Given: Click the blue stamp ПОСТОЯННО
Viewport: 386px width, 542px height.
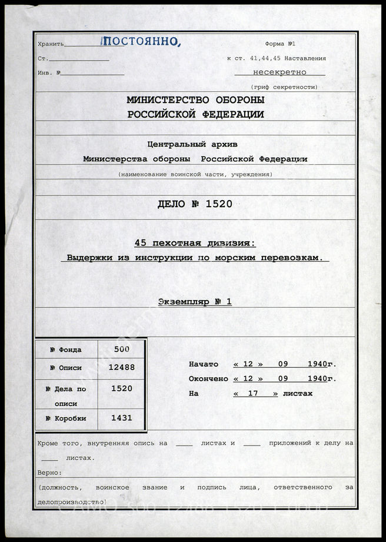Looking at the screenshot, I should pyautogui.click(x=141, y=41).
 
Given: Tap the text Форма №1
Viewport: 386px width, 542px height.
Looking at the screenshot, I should pyautogui.click(x=283, y=44).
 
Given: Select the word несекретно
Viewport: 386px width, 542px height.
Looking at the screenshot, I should pyautogui.click(x=279, y=72).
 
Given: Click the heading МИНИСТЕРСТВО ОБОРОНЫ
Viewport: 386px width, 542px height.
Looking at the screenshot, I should pyautogui.click(x=195, y=100).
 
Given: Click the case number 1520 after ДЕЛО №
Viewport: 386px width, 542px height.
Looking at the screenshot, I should pyautogui.click(x=219, y=204).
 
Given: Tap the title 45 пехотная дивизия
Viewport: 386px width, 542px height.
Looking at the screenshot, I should pyautogui.click(x=195, y=244).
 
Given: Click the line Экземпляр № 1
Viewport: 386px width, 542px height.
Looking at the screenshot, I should pyautogui.click(x=195, y=301).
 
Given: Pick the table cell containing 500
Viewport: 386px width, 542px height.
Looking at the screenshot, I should pyautogui.click(x=121, y=348).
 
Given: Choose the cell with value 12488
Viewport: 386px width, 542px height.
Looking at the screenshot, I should pyautogui.click(x=121, y=367).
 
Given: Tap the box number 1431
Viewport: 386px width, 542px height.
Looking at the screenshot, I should pyautogui.click(x=121, y=418).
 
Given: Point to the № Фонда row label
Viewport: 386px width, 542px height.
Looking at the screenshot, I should pyautogui.click(x=66, y=350).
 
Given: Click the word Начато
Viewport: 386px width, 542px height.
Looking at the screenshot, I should pyautogui.click(x=203, y=364).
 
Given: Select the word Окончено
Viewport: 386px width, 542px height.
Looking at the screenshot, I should pyautogui.click(x=208, y=378).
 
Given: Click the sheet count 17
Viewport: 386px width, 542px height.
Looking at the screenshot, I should pyautogui.click(x=255, y=393).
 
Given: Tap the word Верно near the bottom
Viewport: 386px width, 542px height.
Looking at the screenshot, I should pyautogui.click(x=49, y=473).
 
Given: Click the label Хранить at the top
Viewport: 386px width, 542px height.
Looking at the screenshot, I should pyautogui.click(x=51, y=45).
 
